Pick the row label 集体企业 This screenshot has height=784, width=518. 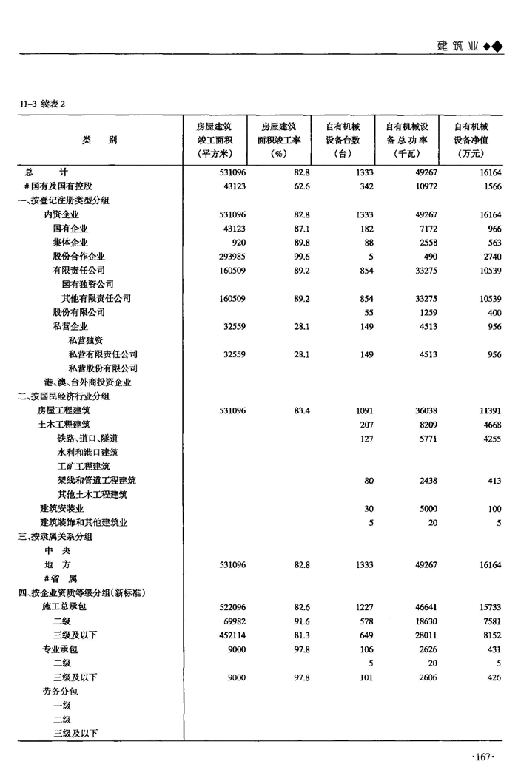[70, 242]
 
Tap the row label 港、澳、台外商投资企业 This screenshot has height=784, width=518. [88, 382]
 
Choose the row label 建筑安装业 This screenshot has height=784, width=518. [61, 509]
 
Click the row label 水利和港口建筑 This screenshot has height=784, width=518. [88, 452]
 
